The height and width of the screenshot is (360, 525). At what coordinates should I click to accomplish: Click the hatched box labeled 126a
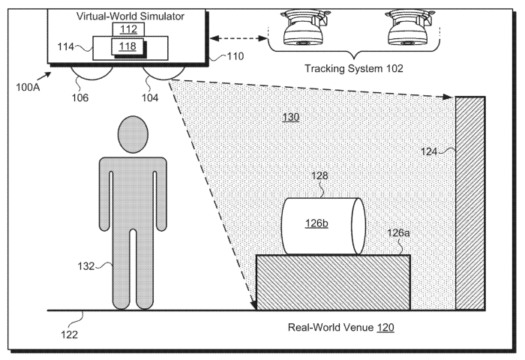click(x=333, y=282)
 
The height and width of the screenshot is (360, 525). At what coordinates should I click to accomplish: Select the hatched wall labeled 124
click(x=469, y=202)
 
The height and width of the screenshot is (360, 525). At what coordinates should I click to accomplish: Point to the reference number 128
click(x=319, y=175)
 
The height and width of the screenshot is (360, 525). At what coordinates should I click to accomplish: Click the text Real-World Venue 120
click(x=341, y=328)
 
